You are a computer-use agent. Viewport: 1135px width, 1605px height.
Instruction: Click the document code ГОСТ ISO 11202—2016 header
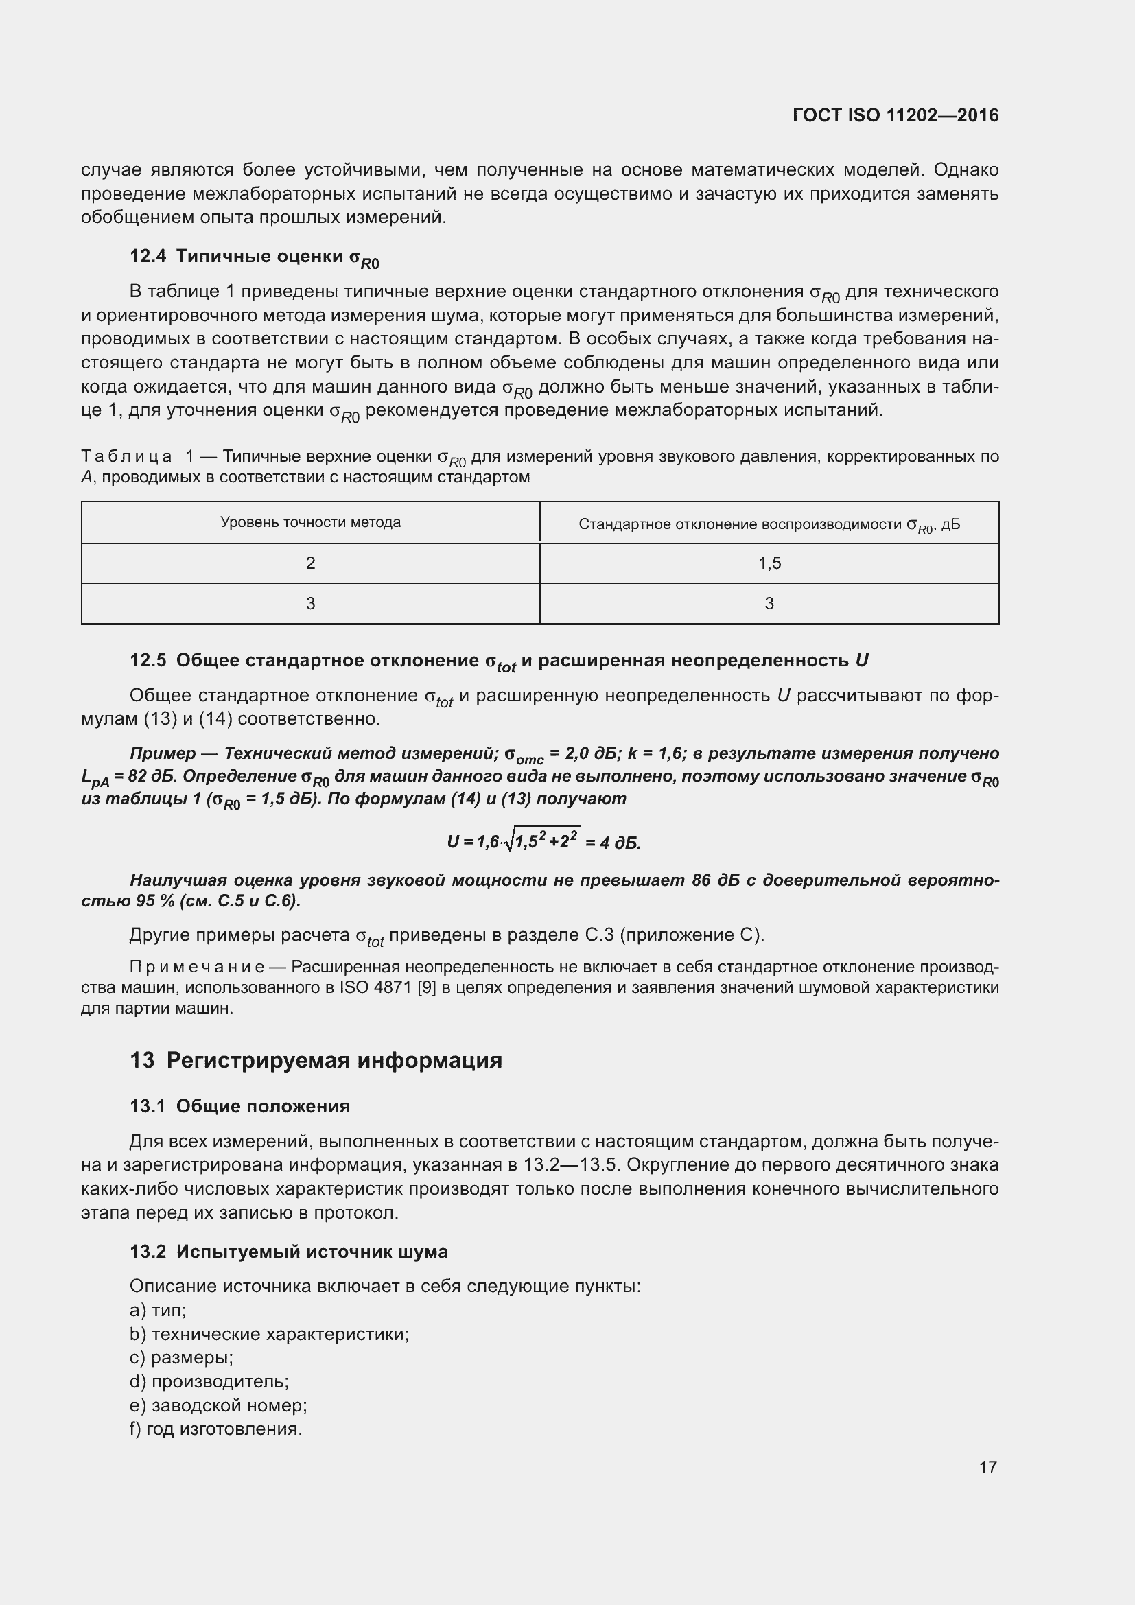click(896, 115)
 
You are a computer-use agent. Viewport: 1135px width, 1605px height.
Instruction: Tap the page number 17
click(987, 1467)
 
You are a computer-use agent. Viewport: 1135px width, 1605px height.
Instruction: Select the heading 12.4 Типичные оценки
click(254, 257)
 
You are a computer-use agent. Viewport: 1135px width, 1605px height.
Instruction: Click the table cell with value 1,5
click(769, 563)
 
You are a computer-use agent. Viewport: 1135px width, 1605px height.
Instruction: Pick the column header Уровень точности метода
click(310, 522)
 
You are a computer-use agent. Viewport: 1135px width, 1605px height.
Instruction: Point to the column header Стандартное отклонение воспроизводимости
click(769, 524)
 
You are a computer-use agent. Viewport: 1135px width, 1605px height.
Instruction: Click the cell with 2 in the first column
click(310, 563)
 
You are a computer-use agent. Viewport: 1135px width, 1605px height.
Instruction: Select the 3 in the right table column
click(769, 604)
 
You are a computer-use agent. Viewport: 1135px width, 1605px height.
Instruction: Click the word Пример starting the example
click(163, 753)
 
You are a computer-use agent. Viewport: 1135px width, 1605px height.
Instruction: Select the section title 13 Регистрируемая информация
click(316, 1060)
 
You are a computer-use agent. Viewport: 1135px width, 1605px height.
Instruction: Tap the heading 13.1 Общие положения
click(239, 1107)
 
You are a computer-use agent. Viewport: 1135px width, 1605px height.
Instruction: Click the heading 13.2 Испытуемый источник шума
click(288, 1252)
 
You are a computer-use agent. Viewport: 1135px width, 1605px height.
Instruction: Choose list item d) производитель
click(209, 1382)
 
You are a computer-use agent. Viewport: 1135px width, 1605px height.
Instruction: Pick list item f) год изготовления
click(216, 1429)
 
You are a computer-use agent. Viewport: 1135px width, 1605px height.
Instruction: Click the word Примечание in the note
click(196, 968)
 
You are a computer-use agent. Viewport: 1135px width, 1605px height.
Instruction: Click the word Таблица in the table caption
click(126, 457)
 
